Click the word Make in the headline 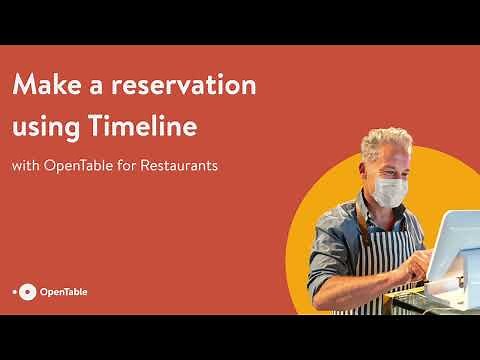[49, 86]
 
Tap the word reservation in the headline [182, 86]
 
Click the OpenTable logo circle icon [28, 292]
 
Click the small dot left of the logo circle [15, 292]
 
